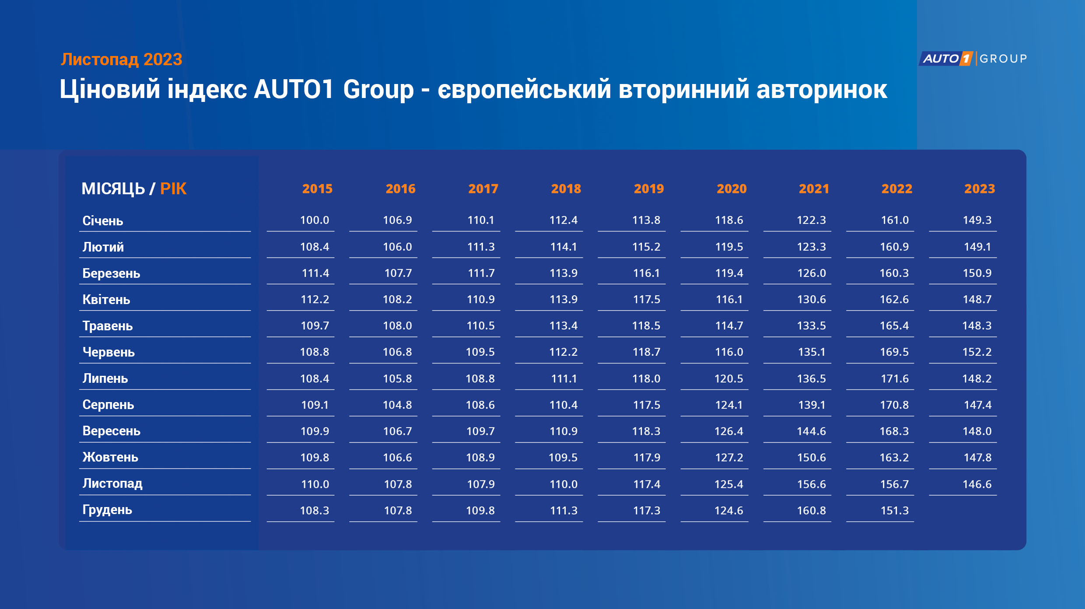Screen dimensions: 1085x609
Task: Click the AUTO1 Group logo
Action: (973, 59)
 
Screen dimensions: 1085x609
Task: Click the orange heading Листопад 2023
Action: (121, 59)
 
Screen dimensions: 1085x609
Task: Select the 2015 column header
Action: (317, 189)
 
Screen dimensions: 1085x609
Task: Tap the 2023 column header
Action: (980, 189)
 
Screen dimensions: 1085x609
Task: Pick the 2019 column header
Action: (649, 189)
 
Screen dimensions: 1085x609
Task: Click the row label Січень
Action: (103, 220)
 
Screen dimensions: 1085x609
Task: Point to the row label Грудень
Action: (107, 510)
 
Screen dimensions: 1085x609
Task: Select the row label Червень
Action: (108, 352)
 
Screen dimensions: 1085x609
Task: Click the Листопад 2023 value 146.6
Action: (977, 484)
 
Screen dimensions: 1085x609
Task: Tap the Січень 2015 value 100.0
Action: (315, 220)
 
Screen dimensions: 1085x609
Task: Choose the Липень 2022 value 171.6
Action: (895, 378)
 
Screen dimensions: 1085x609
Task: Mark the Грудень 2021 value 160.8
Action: (812, 511)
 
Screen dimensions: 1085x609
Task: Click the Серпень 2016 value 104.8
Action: (397, 405)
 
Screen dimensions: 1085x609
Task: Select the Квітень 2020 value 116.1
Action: (729, 300)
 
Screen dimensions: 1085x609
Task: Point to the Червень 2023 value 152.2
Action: (977, 352)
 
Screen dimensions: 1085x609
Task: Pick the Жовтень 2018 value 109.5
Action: (563, 458)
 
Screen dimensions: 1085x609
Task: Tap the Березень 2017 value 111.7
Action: (481, 273)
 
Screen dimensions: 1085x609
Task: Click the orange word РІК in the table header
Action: (173, 189)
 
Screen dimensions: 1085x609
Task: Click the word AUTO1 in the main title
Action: (294, 90)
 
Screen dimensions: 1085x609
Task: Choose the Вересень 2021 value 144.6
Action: (812, 431)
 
